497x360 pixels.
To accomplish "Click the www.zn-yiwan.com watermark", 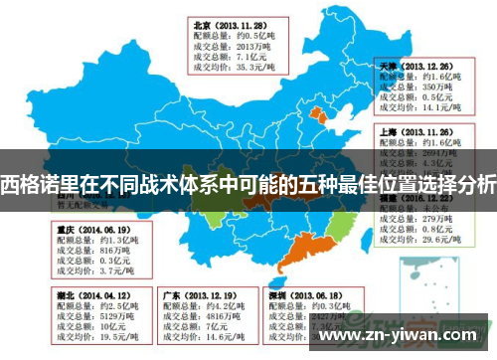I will point(407,335).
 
